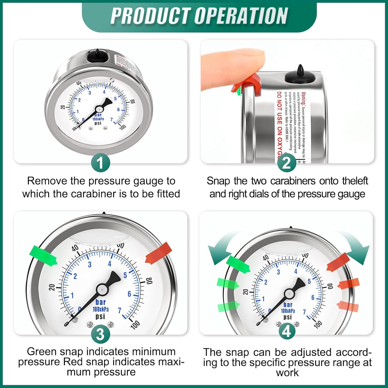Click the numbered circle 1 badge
coord(100,163)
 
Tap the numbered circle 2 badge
coord(287,163)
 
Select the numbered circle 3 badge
coord(100,335)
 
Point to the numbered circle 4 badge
coord(287,332)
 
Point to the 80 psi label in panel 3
coord(149,281)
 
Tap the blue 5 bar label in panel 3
coord(125,275)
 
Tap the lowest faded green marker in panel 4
coord(228,306)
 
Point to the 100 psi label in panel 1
coord(122,127)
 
